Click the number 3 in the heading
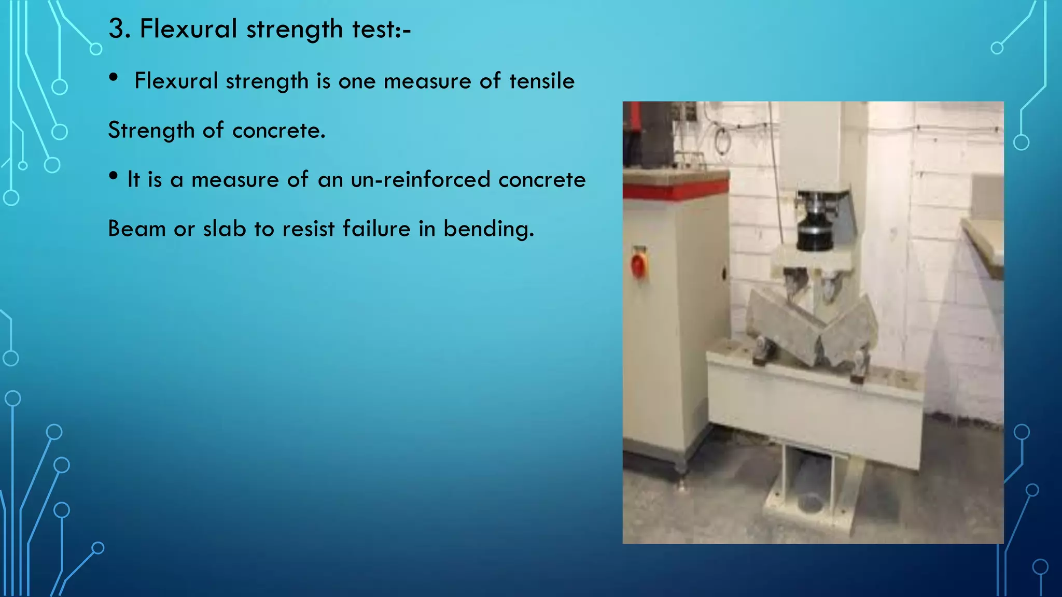point(118,29)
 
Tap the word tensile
point(542,81)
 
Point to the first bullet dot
point(114,77)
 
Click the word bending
point(488,229)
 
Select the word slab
point(225,229)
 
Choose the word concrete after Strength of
point(278,131)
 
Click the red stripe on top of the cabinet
point(674,190)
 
